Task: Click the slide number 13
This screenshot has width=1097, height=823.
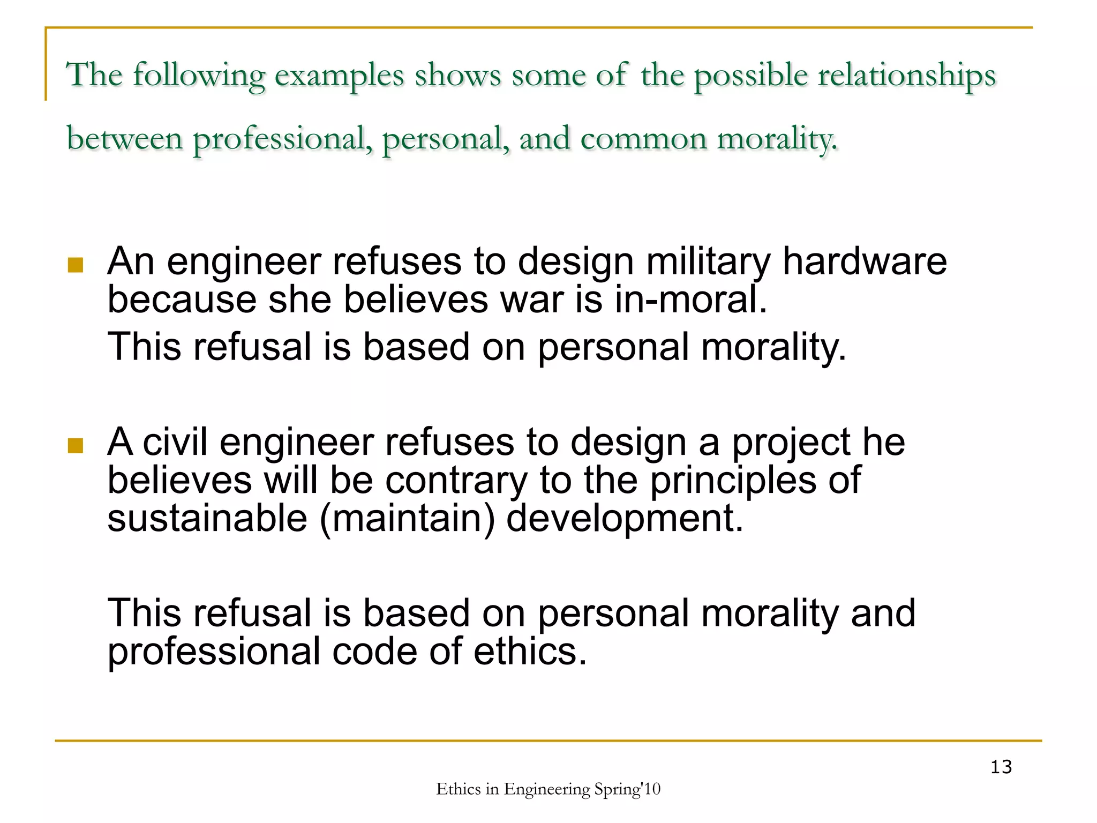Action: pos(1001,767)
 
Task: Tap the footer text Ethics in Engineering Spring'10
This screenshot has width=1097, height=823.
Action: pos(548,789)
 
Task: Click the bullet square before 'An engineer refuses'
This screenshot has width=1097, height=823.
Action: pos(76,265)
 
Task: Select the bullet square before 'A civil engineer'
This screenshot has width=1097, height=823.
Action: pos(76,445)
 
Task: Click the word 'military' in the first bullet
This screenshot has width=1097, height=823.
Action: pos(708,263)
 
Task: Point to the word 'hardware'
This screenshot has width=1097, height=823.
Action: pos(865,261)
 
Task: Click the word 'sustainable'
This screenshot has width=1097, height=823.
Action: pos(207,518)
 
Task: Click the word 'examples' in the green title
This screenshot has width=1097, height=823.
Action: pos(339,76)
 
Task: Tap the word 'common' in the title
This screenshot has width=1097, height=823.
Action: pos(643,139)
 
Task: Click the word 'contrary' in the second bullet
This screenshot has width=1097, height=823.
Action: pos(456,481)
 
